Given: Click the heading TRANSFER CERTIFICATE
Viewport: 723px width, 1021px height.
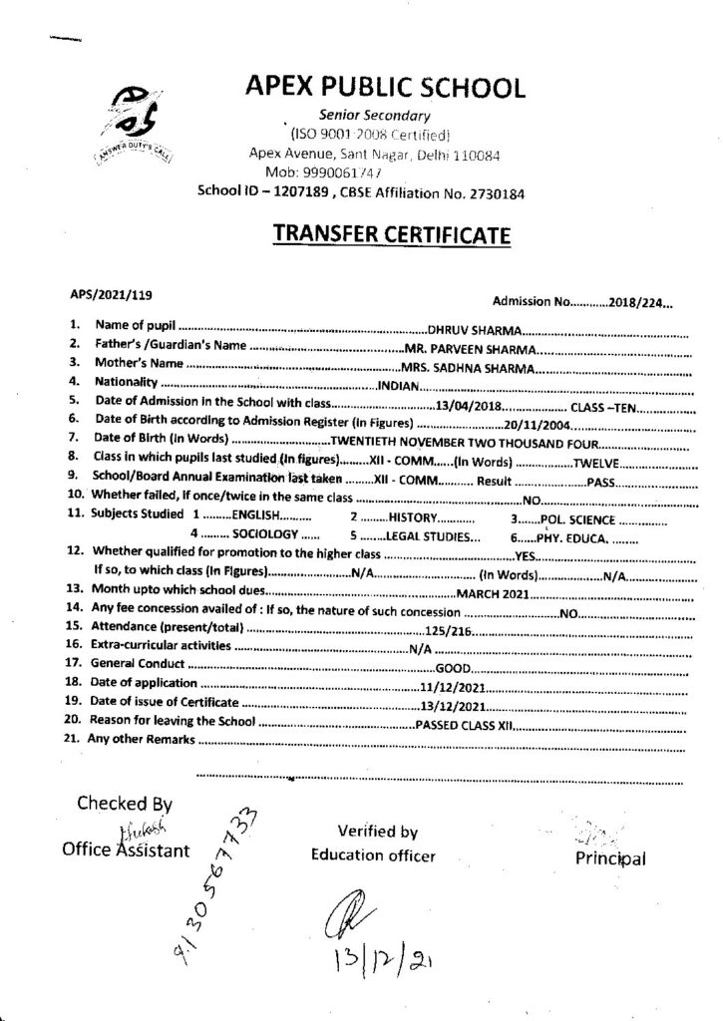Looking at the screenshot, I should tap(392, 235).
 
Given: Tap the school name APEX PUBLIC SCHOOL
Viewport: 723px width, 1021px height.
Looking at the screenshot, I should tap(384, 88).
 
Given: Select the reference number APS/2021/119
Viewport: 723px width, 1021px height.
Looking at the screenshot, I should tap(110, 294).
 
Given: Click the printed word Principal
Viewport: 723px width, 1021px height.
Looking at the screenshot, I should tap(610, 858).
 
